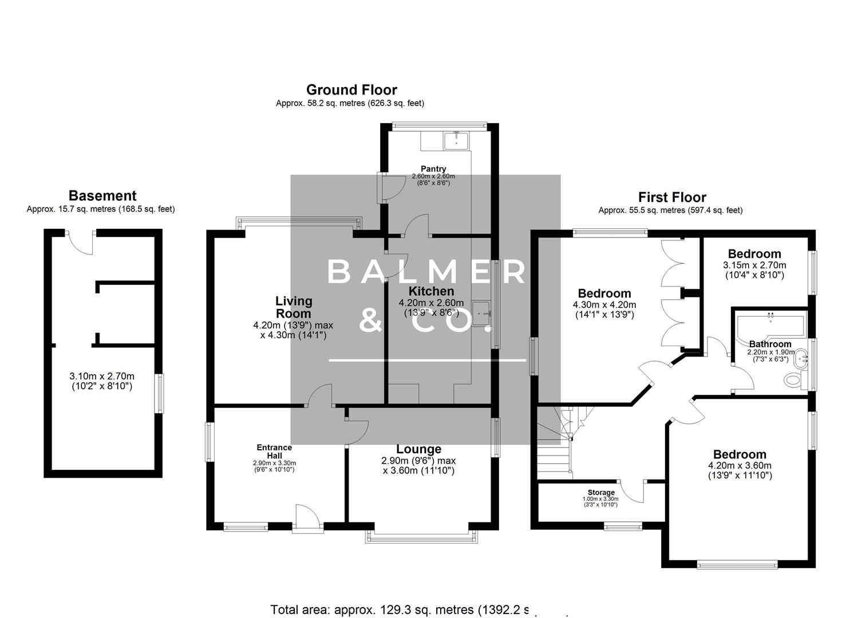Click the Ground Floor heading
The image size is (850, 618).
351,90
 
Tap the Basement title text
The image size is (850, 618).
102,196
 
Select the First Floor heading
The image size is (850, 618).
672,197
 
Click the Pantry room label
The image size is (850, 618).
433,169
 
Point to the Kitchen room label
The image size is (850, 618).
431,291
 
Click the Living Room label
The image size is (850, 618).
294,307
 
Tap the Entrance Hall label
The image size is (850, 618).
274,451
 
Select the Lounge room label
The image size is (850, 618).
418,449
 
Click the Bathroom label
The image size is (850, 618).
770,344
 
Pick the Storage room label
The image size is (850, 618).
601,492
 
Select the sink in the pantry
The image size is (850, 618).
456,140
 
